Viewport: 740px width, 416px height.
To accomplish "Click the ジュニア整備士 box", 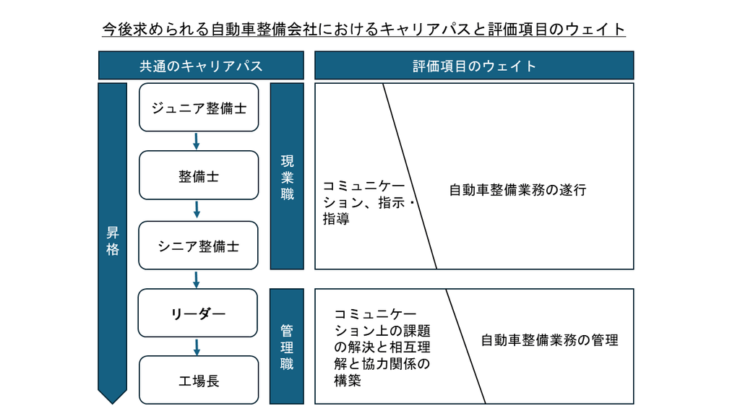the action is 199,108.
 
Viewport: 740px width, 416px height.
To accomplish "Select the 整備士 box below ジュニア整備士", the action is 199,175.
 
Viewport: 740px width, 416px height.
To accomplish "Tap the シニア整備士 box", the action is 198,246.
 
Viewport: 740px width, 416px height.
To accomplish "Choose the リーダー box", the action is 198,313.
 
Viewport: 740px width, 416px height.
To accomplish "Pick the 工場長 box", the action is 199,380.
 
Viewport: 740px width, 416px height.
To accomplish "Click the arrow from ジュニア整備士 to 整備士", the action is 197,141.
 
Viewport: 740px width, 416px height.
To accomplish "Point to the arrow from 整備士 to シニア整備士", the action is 197,210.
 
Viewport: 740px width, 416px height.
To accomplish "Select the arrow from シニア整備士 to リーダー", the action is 197,279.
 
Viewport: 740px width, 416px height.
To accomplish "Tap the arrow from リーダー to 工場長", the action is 197,347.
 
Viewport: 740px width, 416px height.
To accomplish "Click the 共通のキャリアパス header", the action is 201,66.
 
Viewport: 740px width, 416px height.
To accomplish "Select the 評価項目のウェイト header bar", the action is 474,66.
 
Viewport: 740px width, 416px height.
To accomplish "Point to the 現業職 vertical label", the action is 287,178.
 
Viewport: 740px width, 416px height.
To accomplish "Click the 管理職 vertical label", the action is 287,347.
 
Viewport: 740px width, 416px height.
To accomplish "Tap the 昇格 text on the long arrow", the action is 112,240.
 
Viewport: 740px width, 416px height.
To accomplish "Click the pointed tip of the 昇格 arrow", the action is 112,404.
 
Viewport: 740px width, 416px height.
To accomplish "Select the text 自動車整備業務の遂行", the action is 517,190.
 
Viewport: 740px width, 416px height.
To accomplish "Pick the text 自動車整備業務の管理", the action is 549,340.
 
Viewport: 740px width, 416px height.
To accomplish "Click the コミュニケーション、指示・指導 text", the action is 369,202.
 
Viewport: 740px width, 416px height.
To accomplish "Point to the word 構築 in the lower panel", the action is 348,380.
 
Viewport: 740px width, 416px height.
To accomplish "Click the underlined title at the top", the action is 364,29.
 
